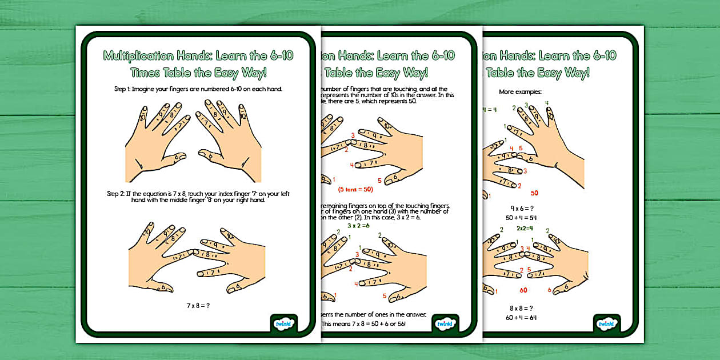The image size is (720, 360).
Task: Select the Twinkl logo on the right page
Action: point(606,324)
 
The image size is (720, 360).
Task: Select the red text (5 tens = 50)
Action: point(355,189)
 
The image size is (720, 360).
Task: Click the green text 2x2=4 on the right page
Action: point(525,228)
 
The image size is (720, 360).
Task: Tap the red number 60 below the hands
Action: point(523,290)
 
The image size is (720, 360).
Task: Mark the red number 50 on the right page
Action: point(534,193)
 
